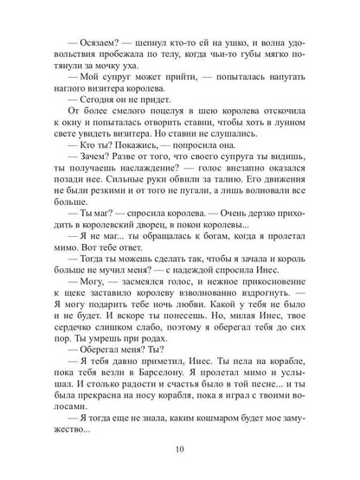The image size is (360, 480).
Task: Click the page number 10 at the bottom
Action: (x=179, y=449)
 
